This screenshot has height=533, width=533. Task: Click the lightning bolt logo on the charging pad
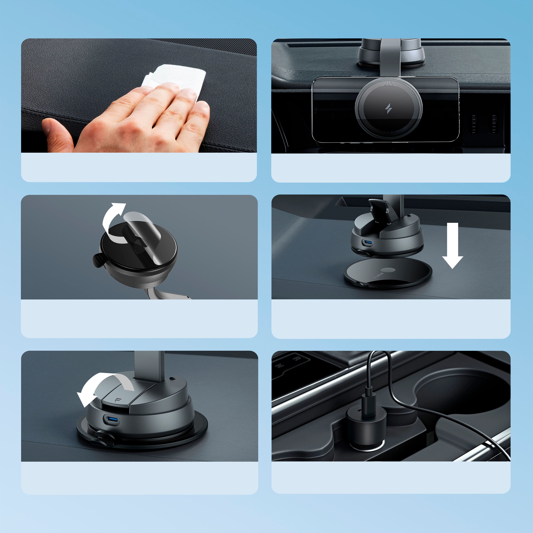[388, 109]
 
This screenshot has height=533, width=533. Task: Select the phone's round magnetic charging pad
[388, 109]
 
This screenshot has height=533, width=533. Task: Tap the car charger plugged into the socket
[365, 428]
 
